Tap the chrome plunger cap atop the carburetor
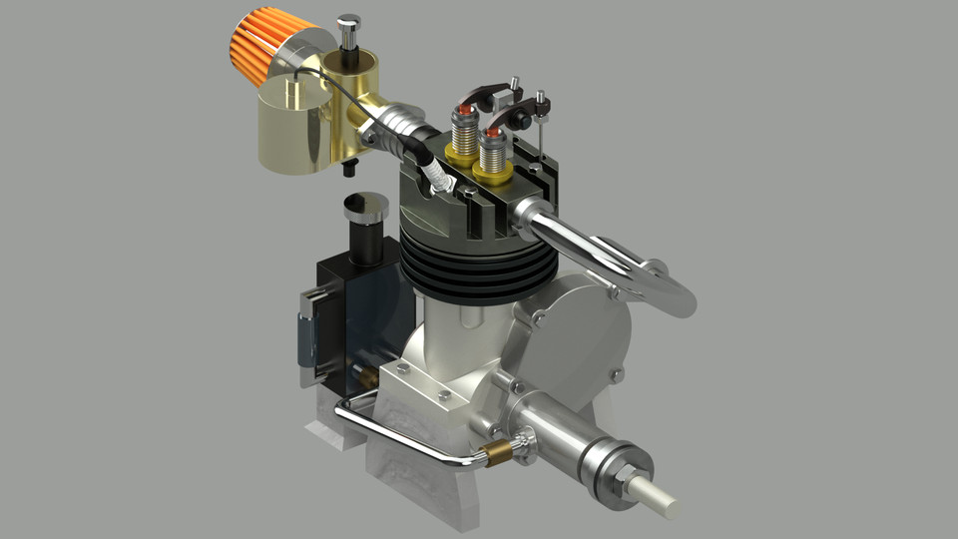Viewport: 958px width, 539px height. (x=348, y=23)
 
